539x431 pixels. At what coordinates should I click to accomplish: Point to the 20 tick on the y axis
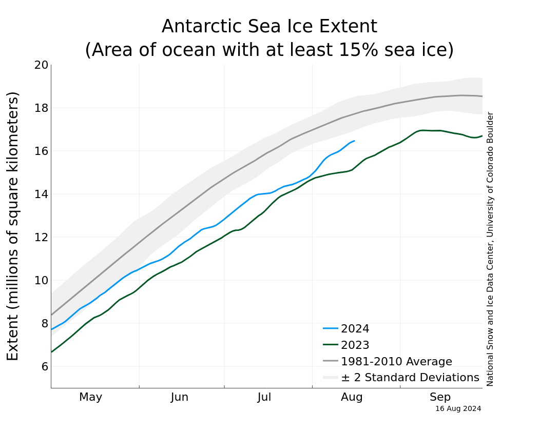[x=42, y=65]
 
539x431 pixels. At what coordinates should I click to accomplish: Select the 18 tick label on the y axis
[x=42, y=108]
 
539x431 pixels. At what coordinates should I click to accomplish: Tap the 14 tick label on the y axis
[x=42, y=194]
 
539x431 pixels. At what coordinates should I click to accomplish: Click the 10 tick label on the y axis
[x=42, y=281]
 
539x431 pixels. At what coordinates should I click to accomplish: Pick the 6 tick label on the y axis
[x=45, y=366]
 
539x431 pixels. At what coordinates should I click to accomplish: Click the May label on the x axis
[x=91, y=397]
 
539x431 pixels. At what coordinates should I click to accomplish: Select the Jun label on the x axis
[x=180, y=397]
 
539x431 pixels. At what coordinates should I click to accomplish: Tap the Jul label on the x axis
[x=264, y=397]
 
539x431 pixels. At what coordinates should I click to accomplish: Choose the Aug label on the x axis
[x=352, y=397]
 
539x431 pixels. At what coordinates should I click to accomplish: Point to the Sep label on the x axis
[x=440, y=397]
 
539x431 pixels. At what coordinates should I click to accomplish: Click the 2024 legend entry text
[x=355, y=329]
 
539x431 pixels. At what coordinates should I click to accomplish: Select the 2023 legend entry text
[x=355, y=345]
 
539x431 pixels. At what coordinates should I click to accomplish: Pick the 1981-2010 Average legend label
[x=396, y=362]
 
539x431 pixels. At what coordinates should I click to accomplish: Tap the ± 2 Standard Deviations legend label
[x=410, y=378]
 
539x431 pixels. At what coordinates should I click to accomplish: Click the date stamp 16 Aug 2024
[x=458, y=409]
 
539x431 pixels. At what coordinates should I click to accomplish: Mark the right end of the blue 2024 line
[x=354, y=141]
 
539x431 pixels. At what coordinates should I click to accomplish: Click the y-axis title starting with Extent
[x=13, y=226]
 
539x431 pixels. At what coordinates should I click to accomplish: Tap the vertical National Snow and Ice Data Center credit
[x=490, y=249]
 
